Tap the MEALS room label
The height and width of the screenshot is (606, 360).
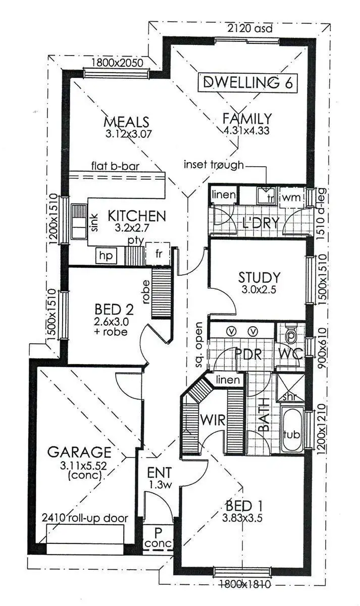(127, 122)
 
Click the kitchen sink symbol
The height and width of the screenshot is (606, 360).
(79, 221)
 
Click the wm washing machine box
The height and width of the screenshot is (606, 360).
(291, 196)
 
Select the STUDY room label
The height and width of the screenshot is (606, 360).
(259, 277)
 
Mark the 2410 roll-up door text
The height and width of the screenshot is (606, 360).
(85, 518)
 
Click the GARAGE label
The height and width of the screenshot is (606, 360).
(79, 451)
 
